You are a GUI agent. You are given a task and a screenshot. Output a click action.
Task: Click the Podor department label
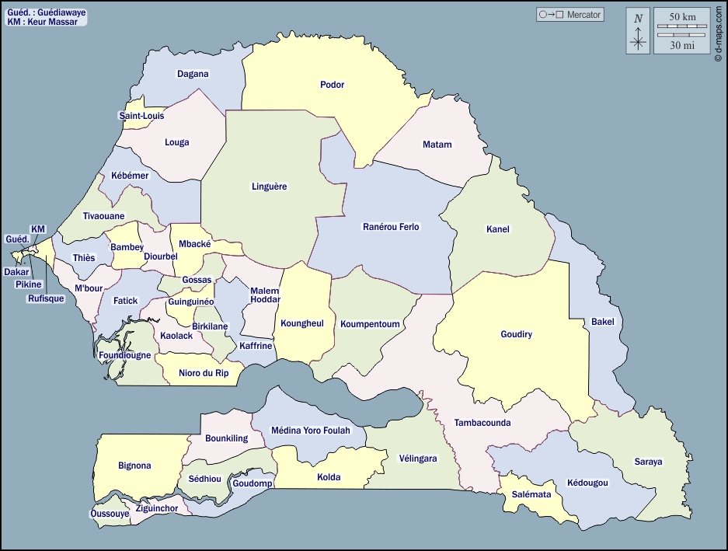coord(332,85)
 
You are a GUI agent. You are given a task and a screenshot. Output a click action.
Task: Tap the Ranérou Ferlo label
coord(391,227)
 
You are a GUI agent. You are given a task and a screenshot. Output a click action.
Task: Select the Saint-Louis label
coord(141,116)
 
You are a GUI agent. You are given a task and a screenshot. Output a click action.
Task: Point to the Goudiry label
coord(516,334)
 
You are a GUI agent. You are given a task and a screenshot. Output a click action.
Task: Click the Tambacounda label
coord(482,423)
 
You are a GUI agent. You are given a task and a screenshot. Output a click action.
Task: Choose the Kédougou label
coord(587,483)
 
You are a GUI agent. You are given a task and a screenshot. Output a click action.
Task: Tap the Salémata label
coord(531,494)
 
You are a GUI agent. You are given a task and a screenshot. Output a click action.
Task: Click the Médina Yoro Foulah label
coord(310,430)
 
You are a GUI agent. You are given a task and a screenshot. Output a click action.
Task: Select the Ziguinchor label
coord(157,508)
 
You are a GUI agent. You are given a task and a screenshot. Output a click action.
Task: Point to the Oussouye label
coord(110,514)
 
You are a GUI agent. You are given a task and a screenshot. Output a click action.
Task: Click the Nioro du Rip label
coord(204,373)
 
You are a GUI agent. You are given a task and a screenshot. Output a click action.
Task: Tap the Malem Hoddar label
coord(265,295)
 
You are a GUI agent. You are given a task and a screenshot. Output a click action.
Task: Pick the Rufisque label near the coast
coord(46,298)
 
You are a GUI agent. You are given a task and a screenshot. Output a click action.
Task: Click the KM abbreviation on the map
coord(38,228)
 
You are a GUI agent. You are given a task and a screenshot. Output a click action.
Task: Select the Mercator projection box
coord(570,15)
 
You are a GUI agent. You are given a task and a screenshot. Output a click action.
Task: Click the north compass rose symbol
coord(638,31)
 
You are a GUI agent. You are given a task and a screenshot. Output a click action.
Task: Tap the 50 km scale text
coord(682,17)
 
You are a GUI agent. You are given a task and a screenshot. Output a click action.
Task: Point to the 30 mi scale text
coord(682,45)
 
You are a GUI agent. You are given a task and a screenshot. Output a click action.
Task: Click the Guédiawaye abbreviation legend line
coord(46,13)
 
